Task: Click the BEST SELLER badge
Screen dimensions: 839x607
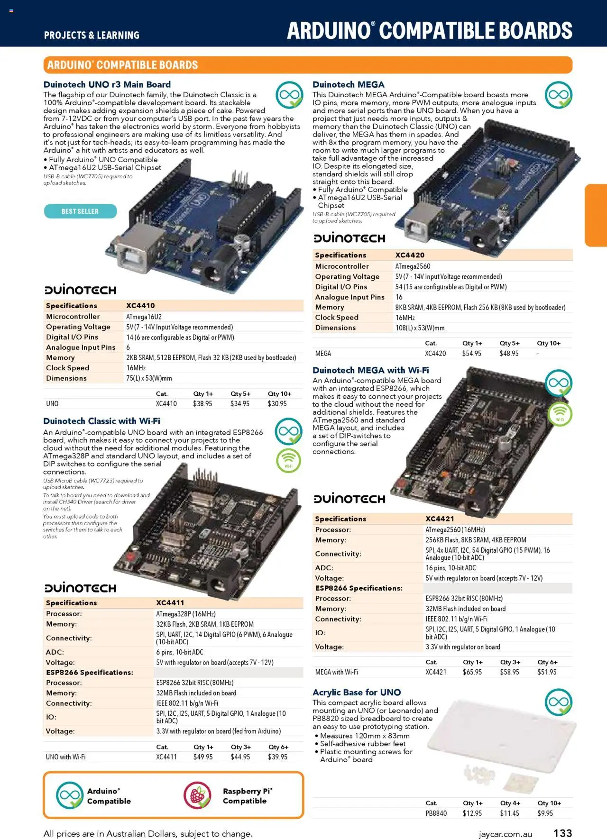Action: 80,211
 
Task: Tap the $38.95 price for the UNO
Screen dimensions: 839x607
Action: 202,404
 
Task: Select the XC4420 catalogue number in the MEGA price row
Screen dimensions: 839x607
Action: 435,354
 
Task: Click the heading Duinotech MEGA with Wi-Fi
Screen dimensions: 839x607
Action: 370,370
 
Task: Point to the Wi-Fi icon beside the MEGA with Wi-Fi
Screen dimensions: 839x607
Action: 560,414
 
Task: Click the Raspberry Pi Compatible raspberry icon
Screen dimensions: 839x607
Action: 197,795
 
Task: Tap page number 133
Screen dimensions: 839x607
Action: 562,833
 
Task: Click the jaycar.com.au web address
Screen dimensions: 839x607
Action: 505,834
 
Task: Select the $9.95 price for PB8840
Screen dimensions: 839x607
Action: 545,813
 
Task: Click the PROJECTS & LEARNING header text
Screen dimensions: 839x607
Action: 92,35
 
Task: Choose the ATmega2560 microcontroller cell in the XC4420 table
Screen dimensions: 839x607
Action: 413,266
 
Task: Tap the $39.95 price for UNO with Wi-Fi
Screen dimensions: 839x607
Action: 277,757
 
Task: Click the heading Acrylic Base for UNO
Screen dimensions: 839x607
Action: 356,692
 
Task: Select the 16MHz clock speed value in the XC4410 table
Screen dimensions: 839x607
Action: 136,368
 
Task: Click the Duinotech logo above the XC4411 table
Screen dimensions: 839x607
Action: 80,588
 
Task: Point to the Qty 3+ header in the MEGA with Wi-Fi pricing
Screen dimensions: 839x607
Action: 510,662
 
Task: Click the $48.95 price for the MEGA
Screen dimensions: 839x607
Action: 509,354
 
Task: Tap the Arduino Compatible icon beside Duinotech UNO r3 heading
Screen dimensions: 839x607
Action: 289,95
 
